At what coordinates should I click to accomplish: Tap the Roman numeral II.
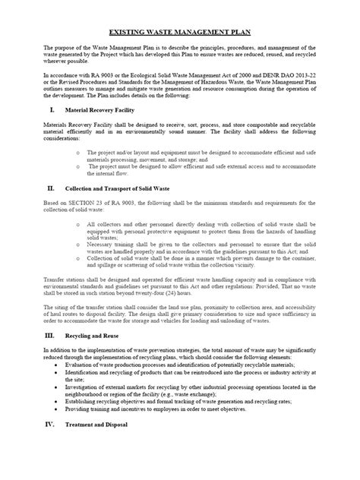51,188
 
